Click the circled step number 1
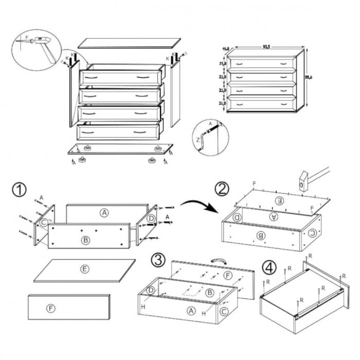(x=19, y=190)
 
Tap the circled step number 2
(x=222, y=189)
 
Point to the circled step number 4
(x=268, y=267)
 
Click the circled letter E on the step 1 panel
(x=84, y=269)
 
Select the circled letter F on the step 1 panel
(x=50, y=309)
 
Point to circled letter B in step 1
(x=85, y=239)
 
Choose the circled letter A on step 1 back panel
(x=104, y=212)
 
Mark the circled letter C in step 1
(x=44, y=223)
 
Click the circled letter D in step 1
(x=150, y=220)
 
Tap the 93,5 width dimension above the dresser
(x=266, y=47)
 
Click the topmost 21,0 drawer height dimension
(x=222, y=65)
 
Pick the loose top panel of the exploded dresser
(x=129, y=42)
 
